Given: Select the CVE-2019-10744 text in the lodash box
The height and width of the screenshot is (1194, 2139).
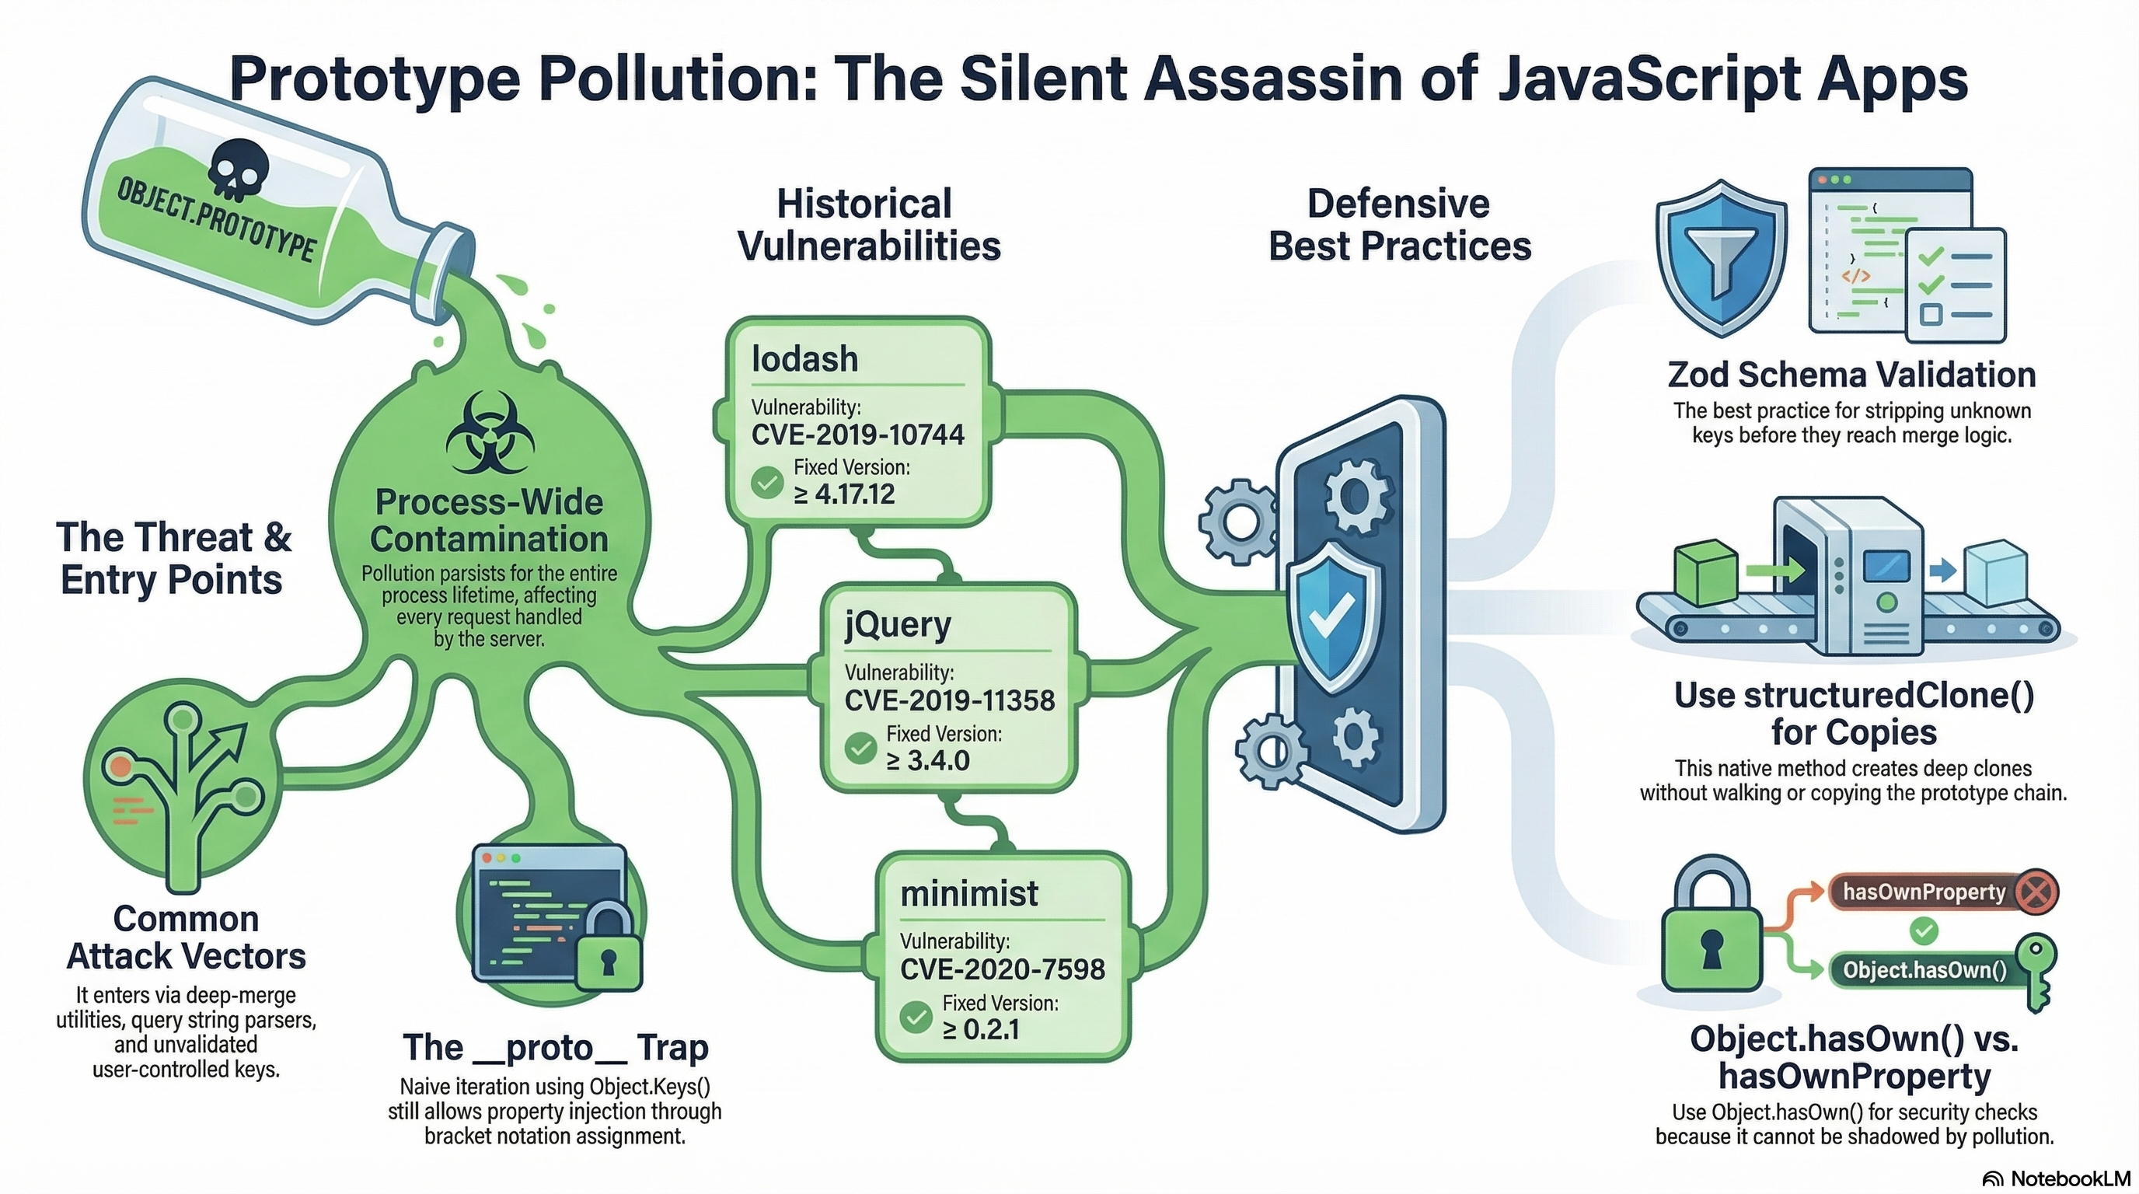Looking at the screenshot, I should coord(858,435).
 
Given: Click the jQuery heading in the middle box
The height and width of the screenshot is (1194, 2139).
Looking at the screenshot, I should coord(898,624).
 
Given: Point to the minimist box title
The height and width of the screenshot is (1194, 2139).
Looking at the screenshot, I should coord(969,893).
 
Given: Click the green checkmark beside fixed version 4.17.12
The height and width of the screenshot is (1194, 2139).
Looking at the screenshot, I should coord(766,483).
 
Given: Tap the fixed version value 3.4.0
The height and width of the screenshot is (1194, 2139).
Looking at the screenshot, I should coord(927,760).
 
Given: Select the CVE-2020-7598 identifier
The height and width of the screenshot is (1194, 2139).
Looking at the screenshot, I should coord(1002,969).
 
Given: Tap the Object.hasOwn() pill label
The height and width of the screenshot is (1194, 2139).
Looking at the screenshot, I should coord(1924,970).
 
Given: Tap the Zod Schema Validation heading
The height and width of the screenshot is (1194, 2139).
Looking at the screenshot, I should coord(1851,375).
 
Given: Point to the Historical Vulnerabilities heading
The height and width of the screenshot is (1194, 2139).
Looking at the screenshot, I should coord(868,225).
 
